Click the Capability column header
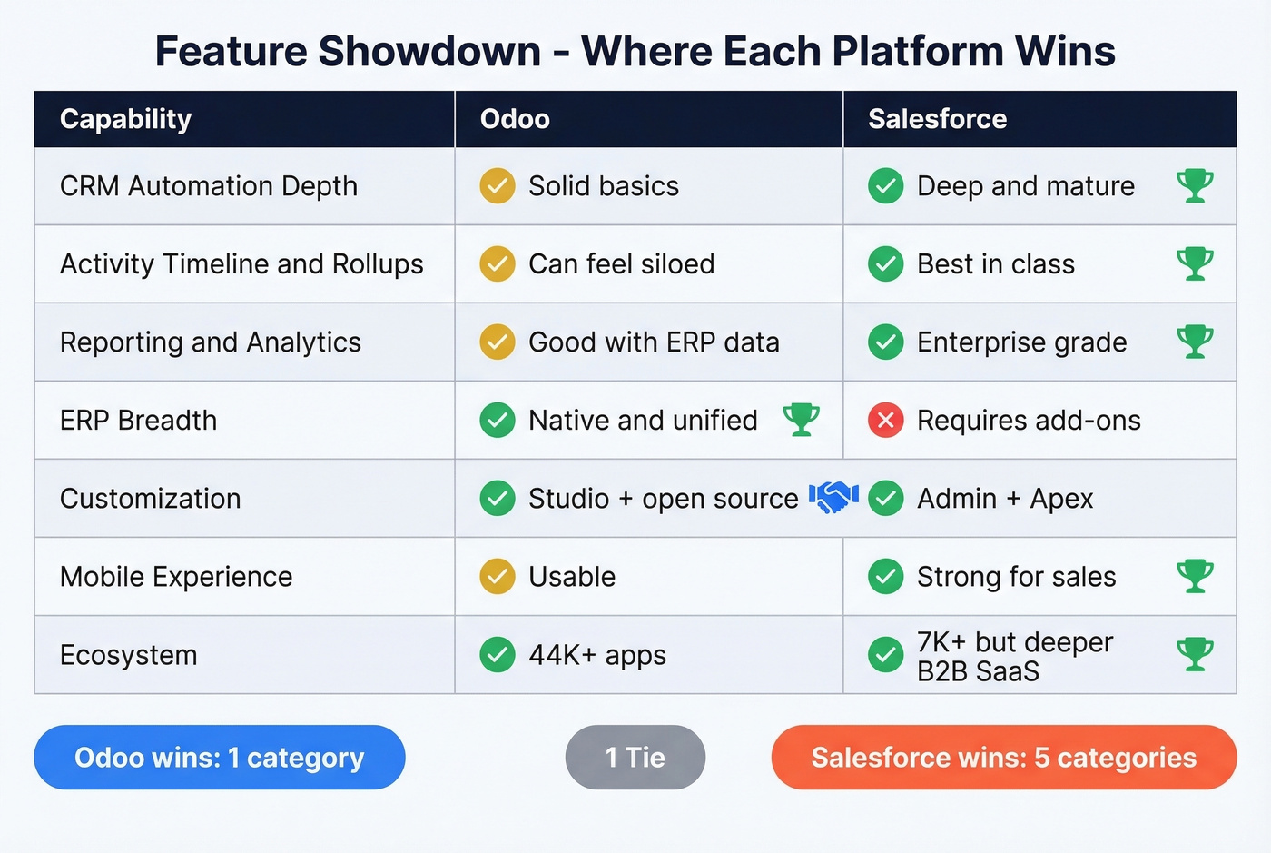125,119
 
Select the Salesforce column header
937,119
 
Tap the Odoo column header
515,119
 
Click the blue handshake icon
833,497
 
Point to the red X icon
885,421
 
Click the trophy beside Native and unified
801,420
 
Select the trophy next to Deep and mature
1195,185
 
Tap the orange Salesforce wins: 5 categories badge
1003,758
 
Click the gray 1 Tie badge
635,758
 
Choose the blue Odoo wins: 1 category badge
219,758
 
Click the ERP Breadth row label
138,421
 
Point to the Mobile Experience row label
176,577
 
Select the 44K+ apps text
597,655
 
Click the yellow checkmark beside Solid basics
497,186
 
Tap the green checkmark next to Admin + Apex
885,499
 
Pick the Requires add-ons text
1029,421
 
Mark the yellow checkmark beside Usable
497,577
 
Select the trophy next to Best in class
1195,263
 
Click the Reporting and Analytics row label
211,342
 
